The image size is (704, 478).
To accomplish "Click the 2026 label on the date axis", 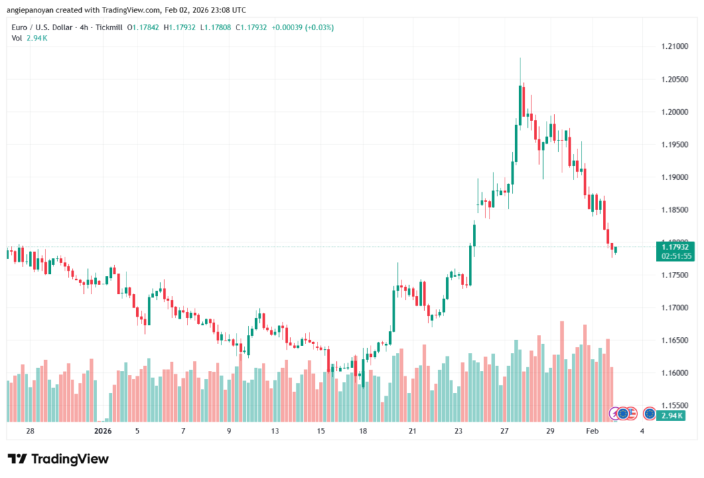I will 102,431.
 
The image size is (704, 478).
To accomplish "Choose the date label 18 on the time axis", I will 363,431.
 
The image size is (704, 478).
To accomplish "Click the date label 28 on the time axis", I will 30,431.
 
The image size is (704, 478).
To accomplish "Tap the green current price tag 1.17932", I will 674,247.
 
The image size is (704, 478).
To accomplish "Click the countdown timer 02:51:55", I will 674,255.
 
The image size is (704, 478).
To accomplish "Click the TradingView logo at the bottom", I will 58,459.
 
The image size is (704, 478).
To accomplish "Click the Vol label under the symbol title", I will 16,38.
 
